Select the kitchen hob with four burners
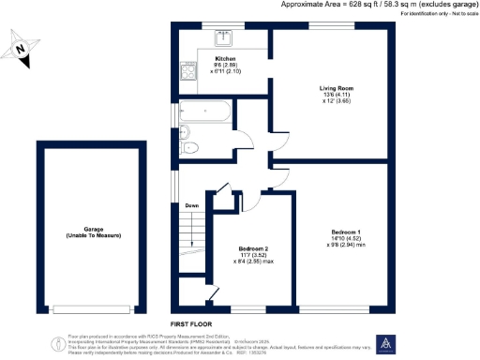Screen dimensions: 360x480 (x=187, y=72)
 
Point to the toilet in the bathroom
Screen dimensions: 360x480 (x=190, y=148)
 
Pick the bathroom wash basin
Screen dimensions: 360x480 (x=184, y=131)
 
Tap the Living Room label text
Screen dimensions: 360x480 (x=334, y=88)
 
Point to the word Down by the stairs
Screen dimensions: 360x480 (x=191, y=205)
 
